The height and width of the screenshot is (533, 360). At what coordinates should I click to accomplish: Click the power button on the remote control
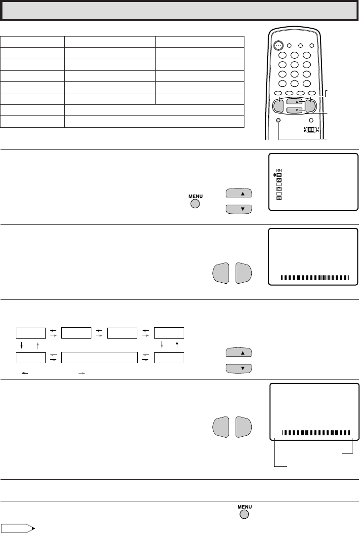[x=279, y=45]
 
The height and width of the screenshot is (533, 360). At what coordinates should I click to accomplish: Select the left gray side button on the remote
[x=279, y=106]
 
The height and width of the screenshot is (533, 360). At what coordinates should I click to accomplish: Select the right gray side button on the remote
[x=310, y=106]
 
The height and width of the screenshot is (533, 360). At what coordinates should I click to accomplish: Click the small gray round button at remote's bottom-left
[x=279, y=120]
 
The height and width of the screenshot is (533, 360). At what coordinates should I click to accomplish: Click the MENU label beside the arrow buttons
[x=196, y=196]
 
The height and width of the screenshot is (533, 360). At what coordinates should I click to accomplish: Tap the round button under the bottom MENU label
[x=244, y=514]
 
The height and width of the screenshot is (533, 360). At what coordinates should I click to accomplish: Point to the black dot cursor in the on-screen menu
[x=274, y=175]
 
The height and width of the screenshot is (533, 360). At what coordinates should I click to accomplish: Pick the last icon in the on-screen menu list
[x=279, y=198]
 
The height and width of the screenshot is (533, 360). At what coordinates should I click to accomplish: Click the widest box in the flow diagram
[x=99, y=358]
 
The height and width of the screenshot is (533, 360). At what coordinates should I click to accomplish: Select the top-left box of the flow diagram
[x=31, y=333]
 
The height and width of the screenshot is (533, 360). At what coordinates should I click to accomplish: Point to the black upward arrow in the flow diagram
[x=177, y=345]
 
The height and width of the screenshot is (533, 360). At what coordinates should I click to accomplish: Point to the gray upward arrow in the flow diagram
[x=38, y=345]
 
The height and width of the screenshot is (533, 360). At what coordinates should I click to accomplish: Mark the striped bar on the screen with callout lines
[x=316, y=433]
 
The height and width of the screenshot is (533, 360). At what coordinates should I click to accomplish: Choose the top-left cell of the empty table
[x=32, y=42]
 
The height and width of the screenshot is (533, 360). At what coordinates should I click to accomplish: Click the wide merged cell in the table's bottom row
[x=154, y=122]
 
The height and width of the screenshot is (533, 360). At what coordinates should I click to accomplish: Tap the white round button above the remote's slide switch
[x=311, y=120]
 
